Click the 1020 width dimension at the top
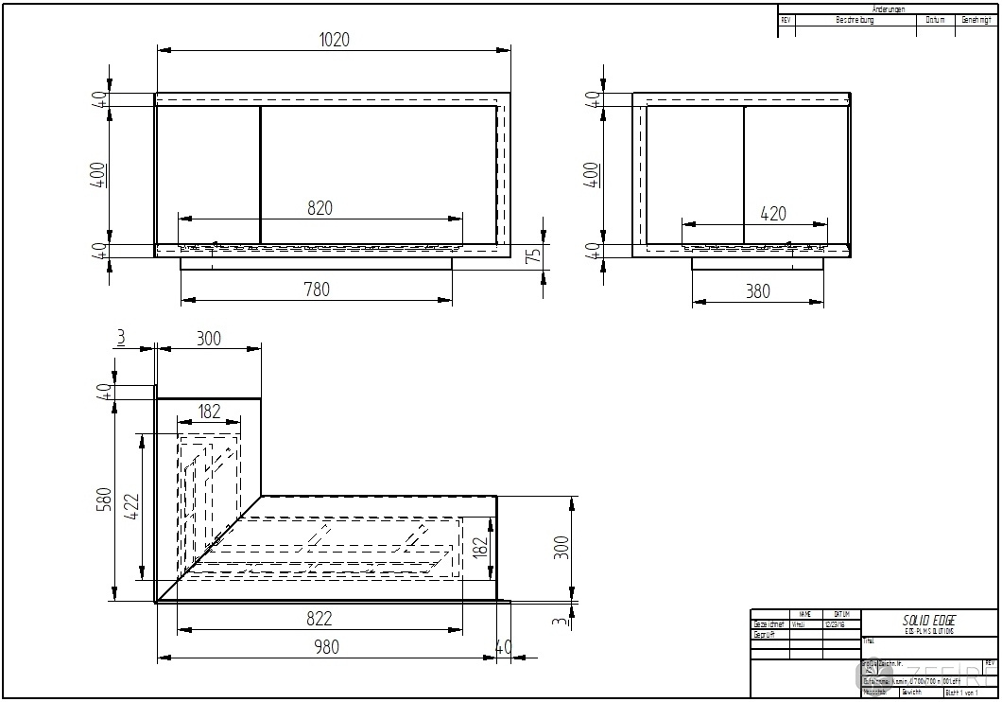[334, 40]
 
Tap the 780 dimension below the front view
[316, 290]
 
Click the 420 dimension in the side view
[772, 214]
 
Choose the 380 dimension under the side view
[757, 291]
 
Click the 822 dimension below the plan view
[319, 619]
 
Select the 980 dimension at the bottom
[326, 647]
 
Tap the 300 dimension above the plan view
[208, 339]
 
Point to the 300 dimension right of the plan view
[562, 547]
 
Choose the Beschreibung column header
[855, 20]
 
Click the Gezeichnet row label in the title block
[769, 624]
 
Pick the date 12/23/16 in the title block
[836, 624]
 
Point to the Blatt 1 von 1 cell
[962, 693]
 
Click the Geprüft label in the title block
[764, 635]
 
